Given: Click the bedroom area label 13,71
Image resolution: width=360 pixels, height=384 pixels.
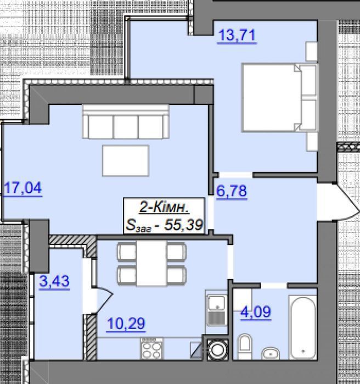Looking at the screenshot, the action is [x=237, y=35].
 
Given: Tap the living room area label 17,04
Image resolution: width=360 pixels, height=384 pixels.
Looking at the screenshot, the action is [x=23, y=188].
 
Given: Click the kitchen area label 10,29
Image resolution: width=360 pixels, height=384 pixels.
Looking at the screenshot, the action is [x=126, y=324].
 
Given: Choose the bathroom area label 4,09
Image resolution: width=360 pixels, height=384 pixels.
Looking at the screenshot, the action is [x=256, y=311].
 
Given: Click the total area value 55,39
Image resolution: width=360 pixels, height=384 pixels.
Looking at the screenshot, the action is [x=184, y=225].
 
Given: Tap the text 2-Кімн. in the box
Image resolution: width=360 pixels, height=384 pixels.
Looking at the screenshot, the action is [x=164, y=208].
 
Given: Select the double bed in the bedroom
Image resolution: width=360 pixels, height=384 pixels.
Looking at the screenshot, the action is [x=280, y=97].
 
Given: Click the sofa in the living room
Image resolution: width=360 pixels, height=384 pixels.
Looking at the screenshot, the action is [x=126, y=121].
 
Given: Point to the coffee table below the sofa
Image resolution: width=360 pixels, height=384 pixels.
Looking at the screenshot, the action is [x=126, y=160].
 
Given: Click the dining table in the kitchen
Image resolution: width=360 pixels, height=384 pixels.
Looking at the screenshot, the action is [x=151, y=263].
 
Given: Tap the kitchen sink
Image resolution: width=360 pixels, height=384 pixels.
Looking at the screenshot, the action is [x=216, y=310].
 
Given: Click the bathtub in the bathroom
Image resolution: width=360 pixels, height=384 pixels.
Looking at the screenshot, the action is [x=303, y=327].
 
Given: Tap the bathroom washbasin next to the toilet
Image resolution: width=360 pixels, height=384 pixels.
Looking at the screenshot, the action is [x=271, y=353].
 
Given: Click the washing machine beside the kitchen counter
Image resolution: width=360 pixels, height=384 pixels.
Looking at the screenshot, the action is [x=217, y=350].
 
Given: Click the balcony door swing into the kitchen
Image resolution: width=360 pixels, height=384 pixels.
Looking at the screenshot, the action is [x=104, y=300].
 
